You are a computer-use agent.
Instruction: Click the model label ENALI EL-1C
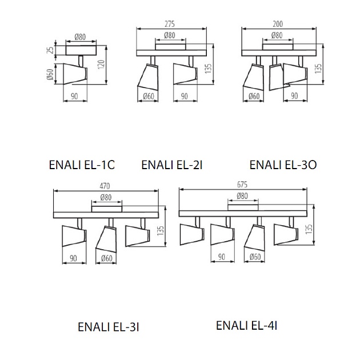click(x=82, y=165)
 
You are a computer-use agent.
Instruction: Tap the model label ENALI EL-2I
click(x=172, y=165)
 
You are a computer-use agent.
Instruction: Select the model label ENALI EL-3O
click(x=283, y=165)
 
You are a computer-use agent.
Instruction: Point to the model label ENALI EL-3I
click(x=109, y=327)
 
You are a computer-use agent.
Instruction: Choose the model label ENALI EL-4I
click(x=247, y=326)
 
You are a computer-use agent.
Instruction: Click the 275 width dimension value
click(x=169, y=24)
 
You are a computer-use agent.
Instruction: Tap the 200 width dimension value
click(x=277, y=24)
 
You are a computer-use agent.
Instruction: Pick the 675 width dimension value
click(x=242, y=185)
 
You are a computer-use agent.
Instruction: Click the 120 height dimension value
click(x=101, y=65)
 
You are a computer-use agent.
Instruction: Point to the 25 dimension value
click(x=51, y=50)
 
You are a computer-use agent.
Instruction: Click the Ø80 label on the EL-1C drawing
click(x=80, y=37)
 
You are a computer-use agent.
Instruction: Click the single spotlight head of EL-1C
click(x=74, y=73)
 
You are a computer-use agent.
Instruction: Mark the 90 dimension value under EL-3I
click(x=74, y=258)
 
